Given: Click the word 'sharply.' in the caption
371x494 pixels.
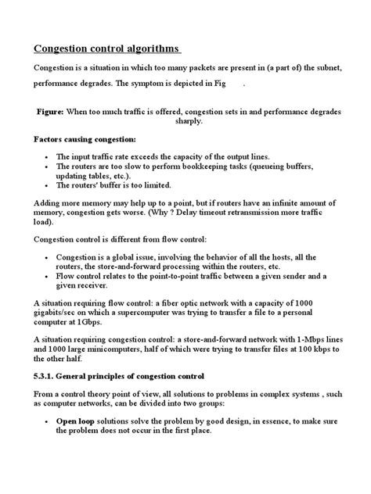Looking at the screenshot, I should (x=185, y=122).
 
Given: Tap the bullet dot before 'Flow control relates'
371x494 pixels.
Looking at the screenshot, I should (x=49, y=276).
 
